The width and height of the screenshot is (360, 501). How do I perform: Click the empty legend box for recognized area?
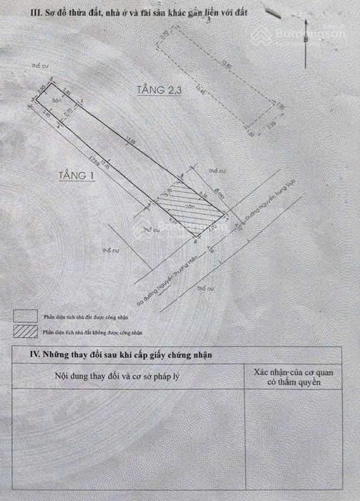point(24,315)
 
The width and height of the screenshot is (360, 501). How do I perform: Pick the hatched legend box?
point(24,332)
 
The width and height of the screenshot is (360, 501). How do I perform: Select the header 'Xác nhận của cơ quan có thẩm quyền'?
point(292,377)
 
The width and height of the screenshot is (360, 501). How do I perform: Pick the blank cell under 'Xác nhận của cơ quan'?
point(292,441)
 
